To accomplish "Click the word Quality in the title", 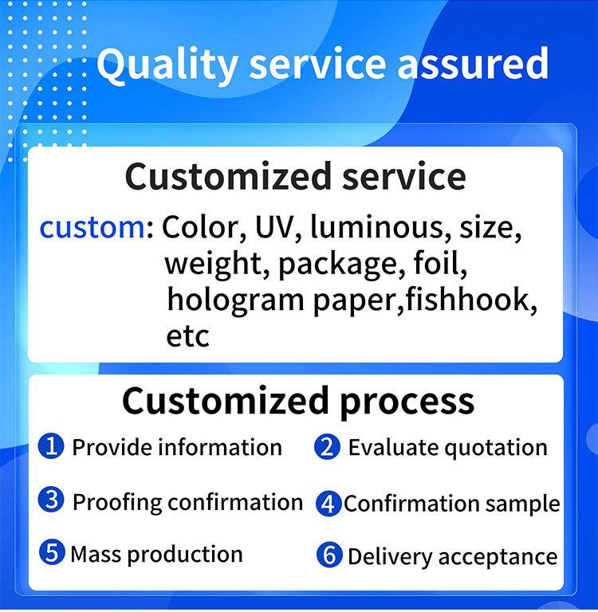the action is tap(167, 65).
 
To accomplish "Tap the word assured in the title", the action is tap(473, 63).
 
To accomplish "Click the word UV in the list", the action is tap(273, 227).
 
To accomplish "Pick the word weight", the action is tap(212, 264).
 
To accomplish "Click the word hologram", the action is tap(235, 300).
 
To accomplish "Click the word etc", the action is tap(187, 336).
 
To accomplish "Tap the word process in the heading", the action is tap(407, 402).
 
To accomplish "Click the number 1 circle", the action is tap(51, 446).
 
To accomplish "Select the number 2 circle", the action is tap(328, 447).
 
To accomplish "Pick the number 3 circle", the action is tap(51, 500).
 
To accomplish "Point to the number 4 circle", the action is tap(329, 504).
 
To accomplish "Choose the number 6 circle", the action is tap(329, 555).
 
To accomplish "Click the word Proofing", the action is tap(117, 503).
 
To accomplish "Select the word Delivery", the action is tap(390, 557).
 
